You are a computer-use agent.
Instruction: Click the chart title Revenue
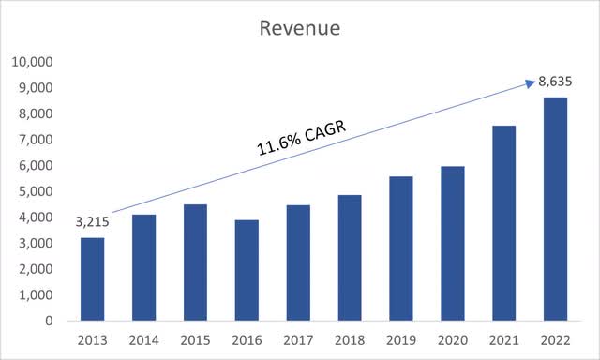tap(300, 29)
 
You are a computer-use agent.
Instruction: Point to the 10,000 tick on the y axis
tap(34, 62)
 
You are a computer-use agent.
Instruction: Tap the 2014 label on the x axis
tap(144, 339)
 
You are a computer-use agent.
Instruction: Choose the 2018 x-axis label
tap(350, 339)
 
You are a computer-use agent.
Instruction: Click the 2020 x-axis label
tap(453, 339)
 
